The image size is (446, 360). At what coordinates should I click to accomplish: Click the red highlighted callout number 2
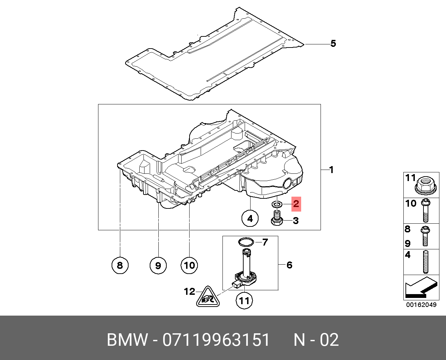click(x=296, y=204)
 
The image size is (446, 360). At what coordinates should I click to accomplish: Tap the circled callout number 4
click(x=250, y=218)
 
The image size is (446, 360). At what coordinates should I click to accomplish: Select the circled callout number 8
click(x=120, y=265)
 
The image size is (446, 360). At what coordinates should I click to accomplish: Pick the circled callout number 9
click(x=158, y=266)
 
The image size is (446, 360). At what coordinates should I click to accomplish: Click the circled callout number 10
click(x=189, y=265)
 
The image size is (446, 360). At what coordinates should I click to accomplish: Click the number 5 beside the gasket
click(x=333, y=44)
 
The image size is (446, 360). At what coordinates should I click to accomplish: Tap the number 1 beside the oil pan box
click(x=331, y=170)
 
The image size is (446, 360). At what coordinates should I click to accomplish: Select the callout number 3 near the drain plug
click(x=296, y=221)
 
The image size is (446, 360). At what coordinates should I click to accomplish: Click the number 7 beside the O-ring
click(x=265, y=242)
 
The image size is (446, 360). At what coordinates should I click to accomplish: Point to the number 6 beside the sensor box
click(x=289, y=265)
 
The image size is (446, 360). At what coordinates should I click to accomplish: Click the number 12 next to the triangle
click(x=190, y=291)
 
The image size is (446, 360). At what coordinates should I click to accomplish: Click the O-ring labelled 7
click(x=246, y=241)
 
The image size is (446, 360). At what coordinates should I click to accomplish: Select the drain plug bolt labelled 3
click(x=277, y=220)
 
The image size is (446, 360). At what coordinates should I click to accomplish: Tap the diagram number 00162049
click(x=421, y=305)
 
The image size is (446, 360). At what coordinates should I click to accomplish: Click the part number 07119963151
click(x=216, y=340)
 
